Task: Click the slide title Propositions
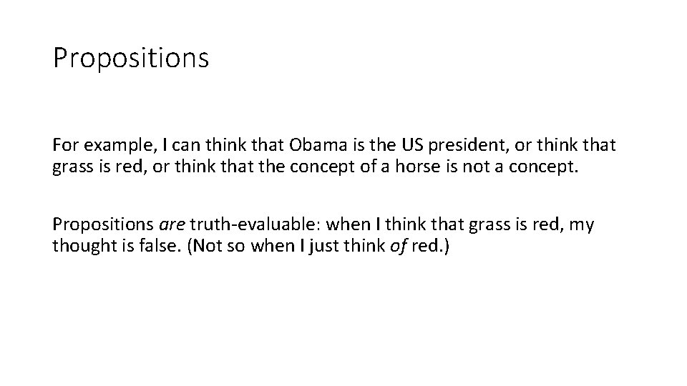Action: (x=130, y=58)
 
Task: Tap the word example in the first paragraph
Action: (x=114, y=145)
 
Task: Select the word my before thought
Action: (x=582, y=224)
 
